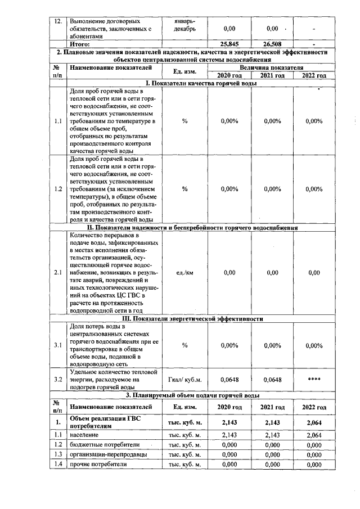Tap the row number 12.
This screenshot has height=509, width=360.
(56, 21)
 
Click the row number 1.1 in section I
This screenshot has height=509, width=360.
(57, 121)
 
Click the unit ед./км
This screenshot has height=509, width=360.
(184, 273)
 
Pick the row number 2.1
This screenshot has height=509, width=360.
(57, 273)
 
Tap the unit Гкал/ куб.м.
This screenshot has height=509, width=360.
(184, 380)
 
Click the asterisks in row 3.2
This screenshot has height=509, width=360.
(314, 380)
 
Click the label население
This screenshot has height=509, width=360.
(84, 435)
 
